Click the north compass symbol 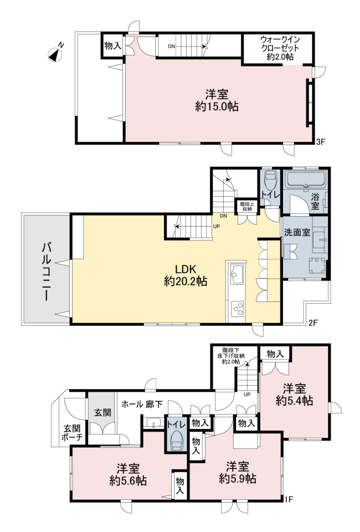[55, 54]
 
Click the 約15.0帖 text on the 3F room [217, 106]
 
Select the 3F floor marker [321, 142]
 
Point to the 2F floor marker [313, 323]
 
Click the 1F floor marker [288, 499]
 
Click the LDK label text [186, 269]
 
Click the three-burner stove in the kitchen [237, 309]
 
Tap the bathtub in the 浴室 [306, 180]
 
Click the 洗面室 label [297, 232]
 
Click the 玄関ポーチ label [72, 432]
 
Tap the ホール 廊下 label [142, 405]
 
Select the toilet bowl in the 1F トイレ [176, 440]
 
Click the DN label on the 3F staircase [172, 47]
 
